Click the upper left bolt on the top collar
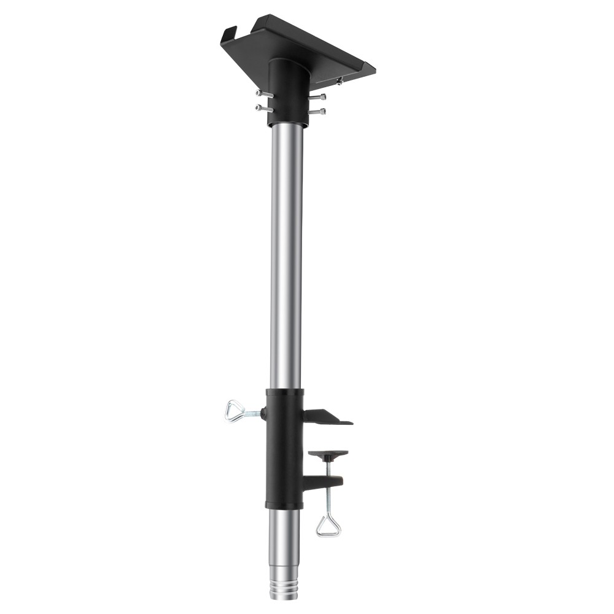click(x=262, y=93)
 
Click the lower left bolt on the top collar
click(x=262, y=108)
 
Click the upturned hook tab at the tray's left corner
click(x=228, y=33)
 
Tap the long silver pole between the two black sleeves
click(x=287, y=258)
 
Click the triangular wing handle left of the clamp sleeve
click(x=235, y=410)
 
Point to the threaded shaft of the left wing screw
click(x=254, y=414)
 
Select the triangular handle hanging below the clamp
click(x=328, y=525)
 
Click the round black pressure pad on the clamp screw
click(x=328, y=455)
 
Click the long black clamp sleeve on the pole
click(x=284, y=448)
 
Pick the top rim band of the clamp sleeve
click(x=284, y=392)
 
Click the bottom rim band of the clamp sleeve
click(x=284, y=505)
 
